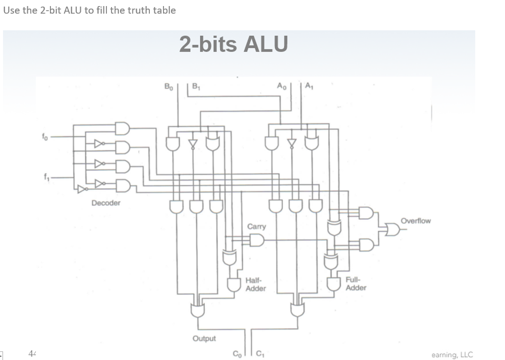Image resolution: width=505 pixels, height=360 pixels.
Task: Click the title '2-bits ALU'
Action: (233, 44)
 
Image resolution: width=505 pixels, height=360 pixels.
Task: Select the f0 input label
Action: (44, 136)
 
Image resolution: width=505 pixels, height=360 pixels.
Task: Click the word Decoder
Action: (106, 203)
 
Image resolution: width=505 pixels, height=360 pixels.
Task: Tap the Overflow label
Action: (416, 221)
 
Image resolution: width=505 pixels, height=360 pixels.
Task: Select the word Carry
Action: (256, 226)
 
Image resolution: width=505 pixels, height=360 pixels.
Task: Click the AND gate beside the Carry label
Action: (257, 240)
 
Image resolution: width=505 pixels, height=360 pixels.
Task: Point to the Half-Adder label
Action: (255, 284)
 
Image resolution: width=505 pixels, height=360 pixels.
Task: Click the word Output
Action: (204, 338)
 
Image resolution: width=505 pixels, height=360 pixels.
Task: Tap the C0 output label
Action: (236, 353)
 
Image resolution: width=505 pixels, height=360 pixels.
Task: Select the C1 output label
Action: (261, 353)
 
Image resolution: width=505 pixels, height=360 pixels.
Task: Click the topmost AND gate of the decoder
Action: (122, 129)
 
